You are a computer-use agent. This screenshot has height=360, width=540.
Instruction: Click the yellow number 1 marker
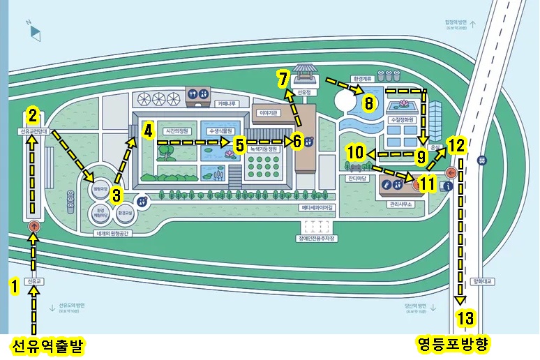point(12,285)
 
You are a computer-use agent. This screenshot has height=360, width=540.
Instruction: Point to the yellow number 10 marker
point(354,152)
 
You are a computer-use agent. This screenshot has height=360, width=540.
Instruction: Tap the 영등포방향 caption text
point(453,344)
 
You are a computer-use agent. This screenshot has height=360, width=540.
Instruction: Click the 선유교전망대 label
point(33,131)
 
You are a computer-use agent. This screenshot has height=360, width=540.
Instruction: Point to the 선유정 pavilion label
point(302,91)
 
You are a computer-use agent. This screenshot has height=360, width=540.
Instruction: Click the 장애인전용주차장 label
point(317,239)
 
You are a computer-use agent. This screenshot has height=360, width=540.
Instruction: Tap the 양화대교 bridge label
point(482,281)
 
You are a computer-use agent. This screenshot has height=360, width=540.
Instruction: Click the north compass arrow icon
point(35,30)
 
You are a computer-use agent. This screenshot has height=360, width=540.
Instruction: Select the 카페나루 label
point(227,103)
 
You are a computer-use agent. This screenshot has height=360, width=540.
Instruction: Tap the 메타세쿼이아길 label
point(317,207)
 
